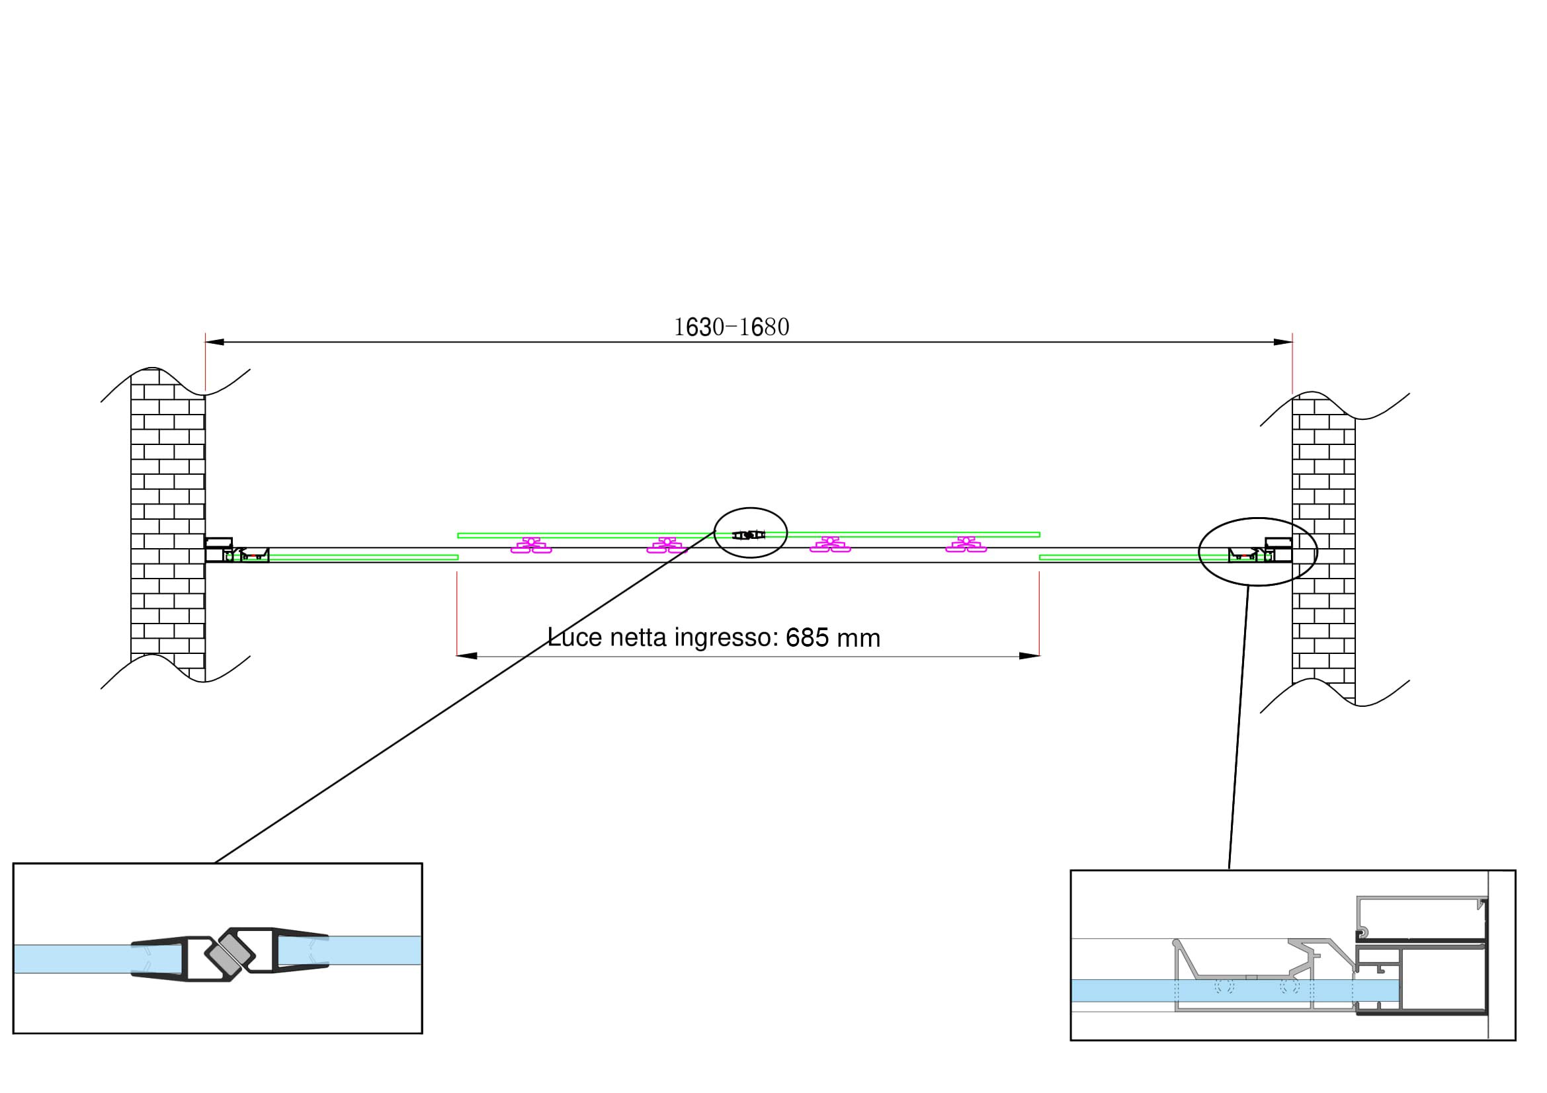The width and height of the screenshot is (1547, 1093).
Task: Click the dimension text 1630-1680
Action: click(731, 327)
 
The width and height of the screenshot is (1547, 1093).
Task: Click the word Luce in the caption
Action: click(575, 637)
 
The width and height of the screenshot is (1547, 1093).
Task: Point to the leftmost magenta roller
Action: click(531, 545)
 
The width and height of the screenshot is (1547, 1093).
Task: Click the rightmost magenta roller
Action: click(966, 545)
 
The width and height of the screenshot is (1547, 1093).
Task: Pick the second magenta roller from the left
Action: click(667, 545)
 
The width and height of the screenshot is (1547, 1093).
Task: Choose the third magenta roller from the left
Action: click(830, 545)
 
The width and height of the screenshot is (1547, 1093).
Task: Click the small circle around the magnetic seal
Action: click(751, 508)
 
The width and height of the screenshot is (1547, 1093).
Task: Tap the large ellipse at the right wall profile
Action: click(1257, 518)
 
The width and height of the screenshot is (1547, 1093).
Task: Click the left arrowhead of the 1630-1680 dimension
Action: click(214, 342)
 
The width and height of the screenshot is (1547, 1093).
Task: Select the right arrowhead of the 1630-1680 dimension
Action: click(1283, 342)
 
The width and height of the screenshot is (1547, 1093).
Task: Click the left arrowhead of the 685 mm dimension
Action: click(467, 656)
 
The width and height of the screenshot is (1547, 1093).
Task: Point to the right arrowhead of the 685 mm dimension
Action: click(1029, 656)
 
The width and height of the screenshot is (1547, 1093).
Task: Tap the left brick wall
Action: click(168, 525)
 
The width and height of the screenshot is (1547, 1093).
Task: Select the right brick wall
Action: click(1323, 549)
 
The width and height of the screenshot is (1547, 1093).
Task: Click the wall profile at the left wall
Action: click(219, 549)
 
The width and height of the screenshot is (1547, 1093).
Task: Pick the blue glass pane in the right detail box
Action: click(1234, 991)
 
